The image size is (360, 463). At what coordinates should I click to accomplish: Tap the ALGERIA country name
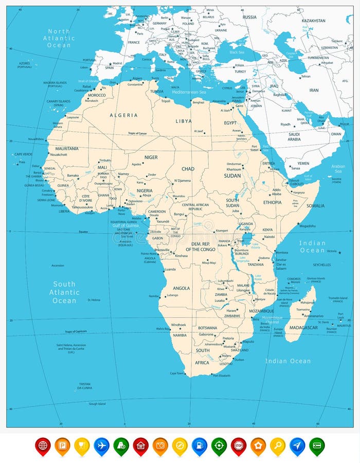coord(123,115)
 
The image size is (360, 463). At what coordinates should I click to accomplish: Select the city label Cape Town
coord(177,373)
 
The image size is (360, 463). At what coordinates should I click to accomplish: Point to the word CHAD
coord(188,169)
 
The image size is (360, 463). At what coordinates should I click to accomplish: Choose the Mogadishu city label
coord(307,226)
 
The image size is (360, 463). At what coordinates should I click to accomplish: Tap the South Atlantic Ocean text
coord(64,292)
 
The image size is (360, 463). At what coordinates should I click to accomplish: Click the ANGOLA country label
coord(181,288)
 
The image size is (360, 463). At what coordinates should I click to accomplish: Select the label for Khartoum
coord(234,169)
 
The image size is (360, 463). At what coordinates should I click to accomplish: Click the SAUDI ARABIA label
coord(294,136)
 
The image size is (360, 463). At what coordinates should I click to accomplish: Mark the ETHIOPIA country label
coord(273,202)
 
